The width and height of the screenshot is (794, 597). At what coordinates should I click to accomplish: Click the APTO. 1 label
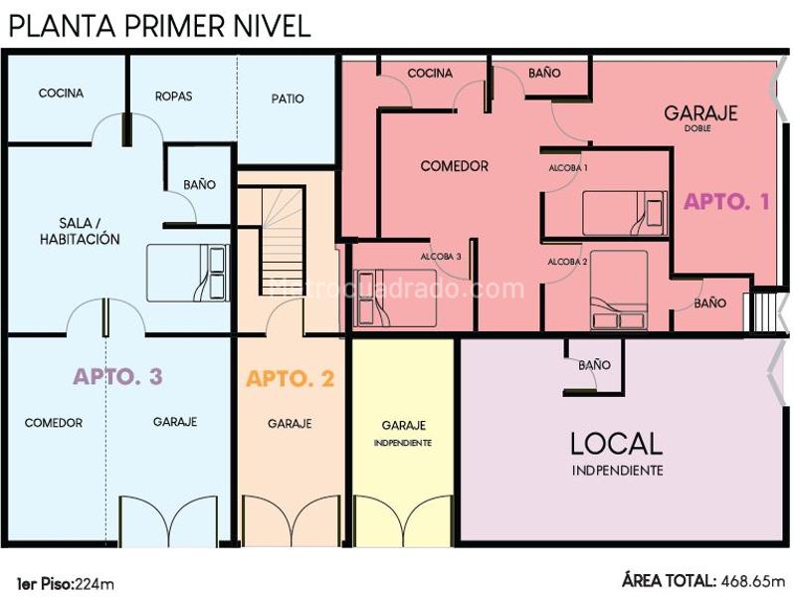tap(726, 202)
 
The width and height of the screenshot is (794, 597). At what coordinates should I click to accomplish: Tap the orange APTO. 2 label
tap(291, 378)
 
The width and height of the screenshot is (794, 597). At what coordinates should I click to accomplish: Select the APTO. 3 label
tap(118, 376)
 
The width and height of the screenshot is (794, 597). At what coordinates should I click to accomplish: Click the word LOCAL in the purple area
tap(616, 444)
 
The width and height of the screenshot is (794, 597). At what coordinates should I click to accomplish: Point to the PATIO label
tap(288, 99)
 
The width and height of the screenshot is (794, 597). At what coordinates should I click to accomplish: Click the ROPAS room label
tap(174, 97)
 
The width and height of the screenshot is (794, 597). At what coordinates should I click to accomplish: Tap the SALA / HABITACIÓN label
tap(80, 231)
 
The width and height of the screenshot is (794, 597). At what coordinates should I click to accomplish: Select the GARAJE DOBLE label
tap(700, 117)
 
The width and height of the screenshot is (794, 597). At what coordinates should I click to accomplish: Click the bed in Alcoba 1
tap(625, 213)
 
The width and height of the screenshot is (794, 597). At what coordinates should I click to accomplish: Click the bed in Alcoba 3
tap(395, 298)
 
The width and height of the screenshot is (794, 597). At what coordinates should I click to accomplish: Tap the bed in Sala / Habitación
tap(187, 273)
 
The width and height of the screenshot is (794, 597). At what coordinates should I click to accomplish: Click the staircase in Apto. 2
tap(282, 242)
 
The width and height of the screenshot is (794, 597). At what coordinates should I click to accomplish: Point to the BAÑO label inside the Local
tap(594, 364)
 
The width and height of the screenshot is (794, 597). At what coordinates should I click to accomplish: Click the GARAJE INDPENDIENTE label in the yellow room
tap(403, 433)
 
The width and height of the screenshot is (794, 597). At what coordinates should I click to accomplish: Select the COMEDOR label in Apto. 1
tap(455, 166)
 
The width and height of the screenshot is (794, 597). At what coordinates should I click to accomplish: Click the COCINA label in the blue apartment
tap(61, 94)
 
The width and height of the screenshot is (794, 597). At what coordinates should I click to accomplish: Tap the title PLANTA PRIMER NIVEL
tap(160, 26)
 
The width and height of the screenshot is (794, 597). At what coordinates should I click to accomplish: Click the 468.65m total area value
tap(753, 581)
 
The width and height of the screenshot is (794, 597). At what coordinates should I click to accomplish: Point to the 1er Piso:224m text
tap(66, 584)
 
